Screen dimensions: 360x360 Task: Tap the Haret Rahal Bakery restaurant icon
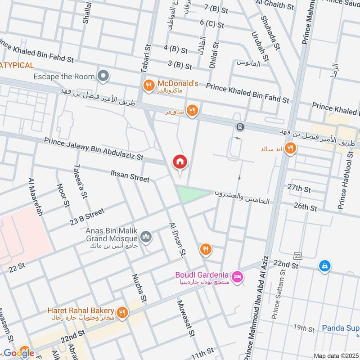[x=122, y=312]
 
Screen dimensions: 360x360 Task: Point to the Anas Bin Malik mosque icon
[x=146, y=236]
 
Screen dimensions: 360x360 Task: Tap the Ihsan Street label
[x=130, y=175]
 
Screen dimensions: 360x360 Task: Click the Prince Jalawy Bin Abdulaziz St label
[x=93, y=149]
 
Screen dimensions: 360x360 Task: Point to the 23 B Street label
[x=87, y=216]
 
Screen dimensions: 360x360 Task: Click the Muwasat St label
[x=185, y=318]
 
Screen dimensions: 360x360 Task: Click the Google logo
[x=18, y=353]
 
